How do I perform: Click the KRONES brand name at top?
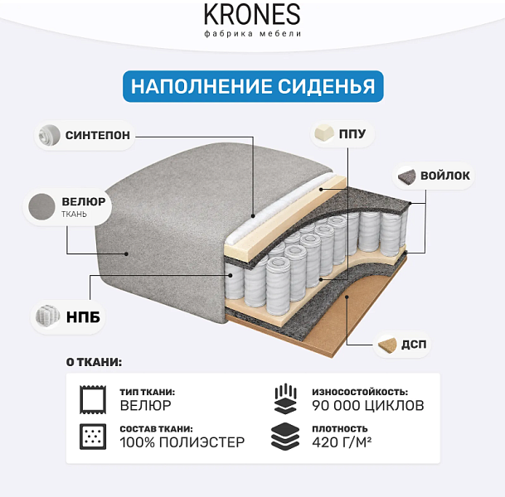[252, 14]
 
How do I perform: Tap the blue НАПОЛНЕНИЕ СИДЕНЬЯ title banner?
[253, 86]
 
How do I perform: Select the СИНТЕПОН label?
[98, 135]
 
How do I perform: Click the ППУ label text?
[352, 133]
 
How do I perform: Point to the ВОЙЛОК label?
[445, 176]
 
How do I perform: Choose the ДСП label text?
[414, 345]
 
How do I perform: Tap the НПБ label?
[83, 317]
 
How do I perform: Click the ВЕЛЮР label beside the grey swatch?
[84, 201]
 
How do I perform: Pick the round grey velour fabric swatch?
[41, 206]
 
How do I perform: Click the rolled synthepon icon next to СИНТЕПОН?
[49, 135]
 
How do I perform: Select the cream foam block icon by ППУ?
[324, 133]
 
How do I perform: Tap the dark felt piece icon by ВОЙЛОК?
[407, 176]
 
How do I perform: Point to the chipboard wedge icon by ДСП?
[387, 345]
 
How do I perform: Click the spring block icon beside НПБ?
[47, 316]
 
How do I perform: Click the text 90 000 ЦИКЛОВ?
[368, 405]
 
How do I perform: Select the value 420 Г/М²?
[342, 442]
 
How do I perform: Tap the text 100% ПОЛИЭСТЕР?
[182, 442]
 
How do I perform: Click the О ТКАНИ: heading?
[94, 362]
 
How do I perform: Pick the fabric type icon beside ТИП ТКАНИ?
[93, 399]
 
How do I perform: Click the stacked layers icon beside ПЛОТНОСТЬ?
[285, 437]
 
